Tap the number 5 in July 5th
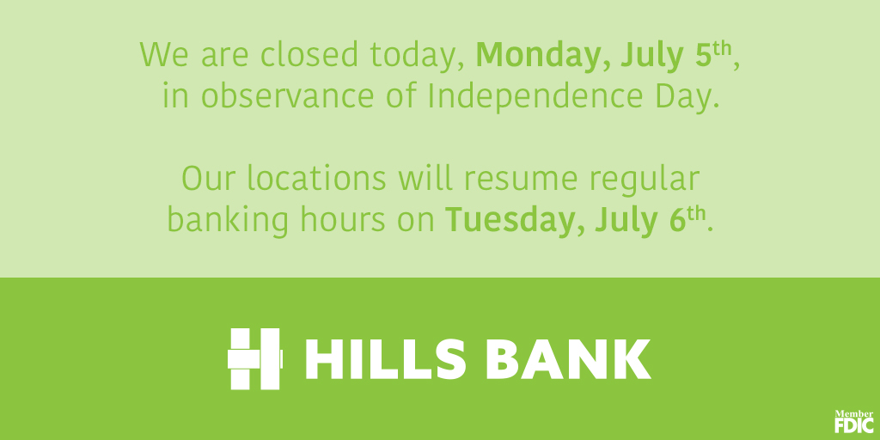pyautogui.click(x=702, y=55)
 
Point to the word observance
pyautogui.click(x=287, y=96)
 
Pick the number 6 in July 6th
pyautogui.click(x=678, y=221)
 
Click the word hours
pyautogui.click(x=343, y=221)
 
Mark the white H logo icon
pyautogui.click(x=254, y=359)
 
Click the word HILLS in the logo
pyautogui.click(x=386, y=359)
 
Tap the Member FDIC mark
pyautogui.click(x=853, y=421)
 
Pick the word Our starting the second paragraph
pyautogui.click(x=208, y=180)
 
